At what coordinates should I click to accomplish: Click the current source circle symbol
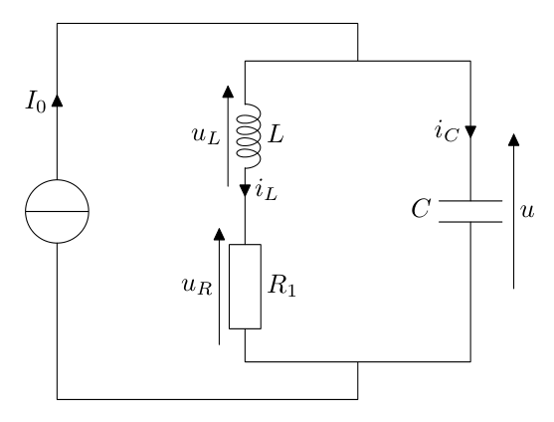[57, 211]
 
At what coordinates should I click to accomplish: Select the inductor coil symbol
[245, 138]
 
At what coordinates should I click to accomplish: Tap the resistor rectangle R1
[245, 287]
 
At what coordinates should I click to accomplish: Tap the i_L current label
[266, 192]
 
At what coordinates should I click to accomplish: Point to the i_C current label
[446, 132]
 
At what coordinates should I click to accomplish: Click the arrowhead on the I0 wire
[57, 101]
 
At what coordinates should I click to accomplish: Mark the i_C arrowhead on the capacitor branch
[469, 133]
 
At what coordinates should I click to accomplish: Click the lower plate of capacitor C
[469, 222]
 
